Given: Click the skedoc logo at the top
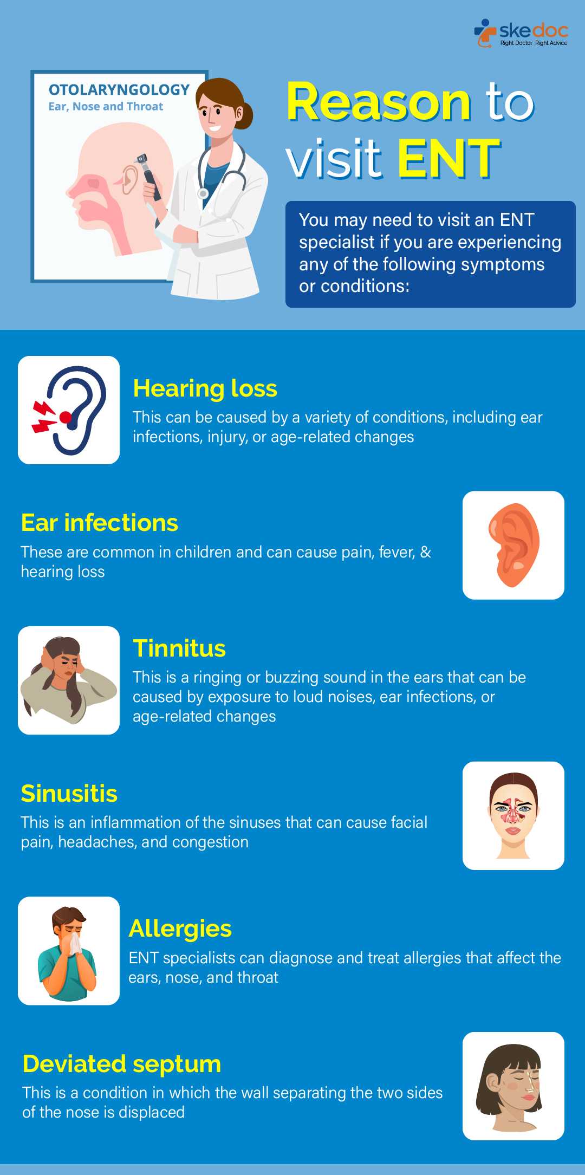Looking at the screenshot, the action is (521, 33).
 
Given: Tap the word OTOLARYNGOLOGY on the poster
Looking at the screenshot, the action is (119, 90).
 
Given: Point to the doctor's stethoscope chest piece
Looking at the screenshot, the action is (203, 193).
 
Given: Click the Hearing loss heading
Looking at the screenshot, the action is (205, 388).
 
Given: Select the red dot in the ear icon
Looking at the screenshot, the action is (66, 417).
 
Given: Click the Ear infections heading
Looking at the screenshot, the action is (100, 523).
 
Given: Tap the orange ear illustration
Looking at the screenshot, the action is (514, 545).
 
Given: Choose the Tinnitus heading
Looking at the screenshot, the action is (179, 648).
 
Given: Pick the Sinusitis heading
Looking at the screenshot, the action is (69, 794).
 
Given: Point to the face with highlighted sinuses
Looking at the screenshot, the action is (513, 815).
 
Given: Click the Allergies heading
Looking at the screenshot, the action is (180, 929).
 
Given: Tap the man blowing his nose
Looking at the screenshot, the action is (68, 953).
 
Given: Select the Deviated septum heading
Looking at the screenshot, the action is (122, 1064).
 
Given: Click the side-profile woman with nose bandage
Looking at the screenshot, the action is (510, 1087).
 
